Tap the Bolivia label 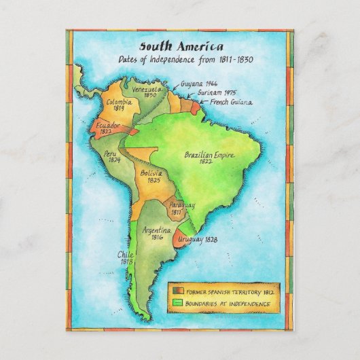click(x=151, y=175)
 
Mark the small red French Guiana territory click(x=196, y=107)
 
